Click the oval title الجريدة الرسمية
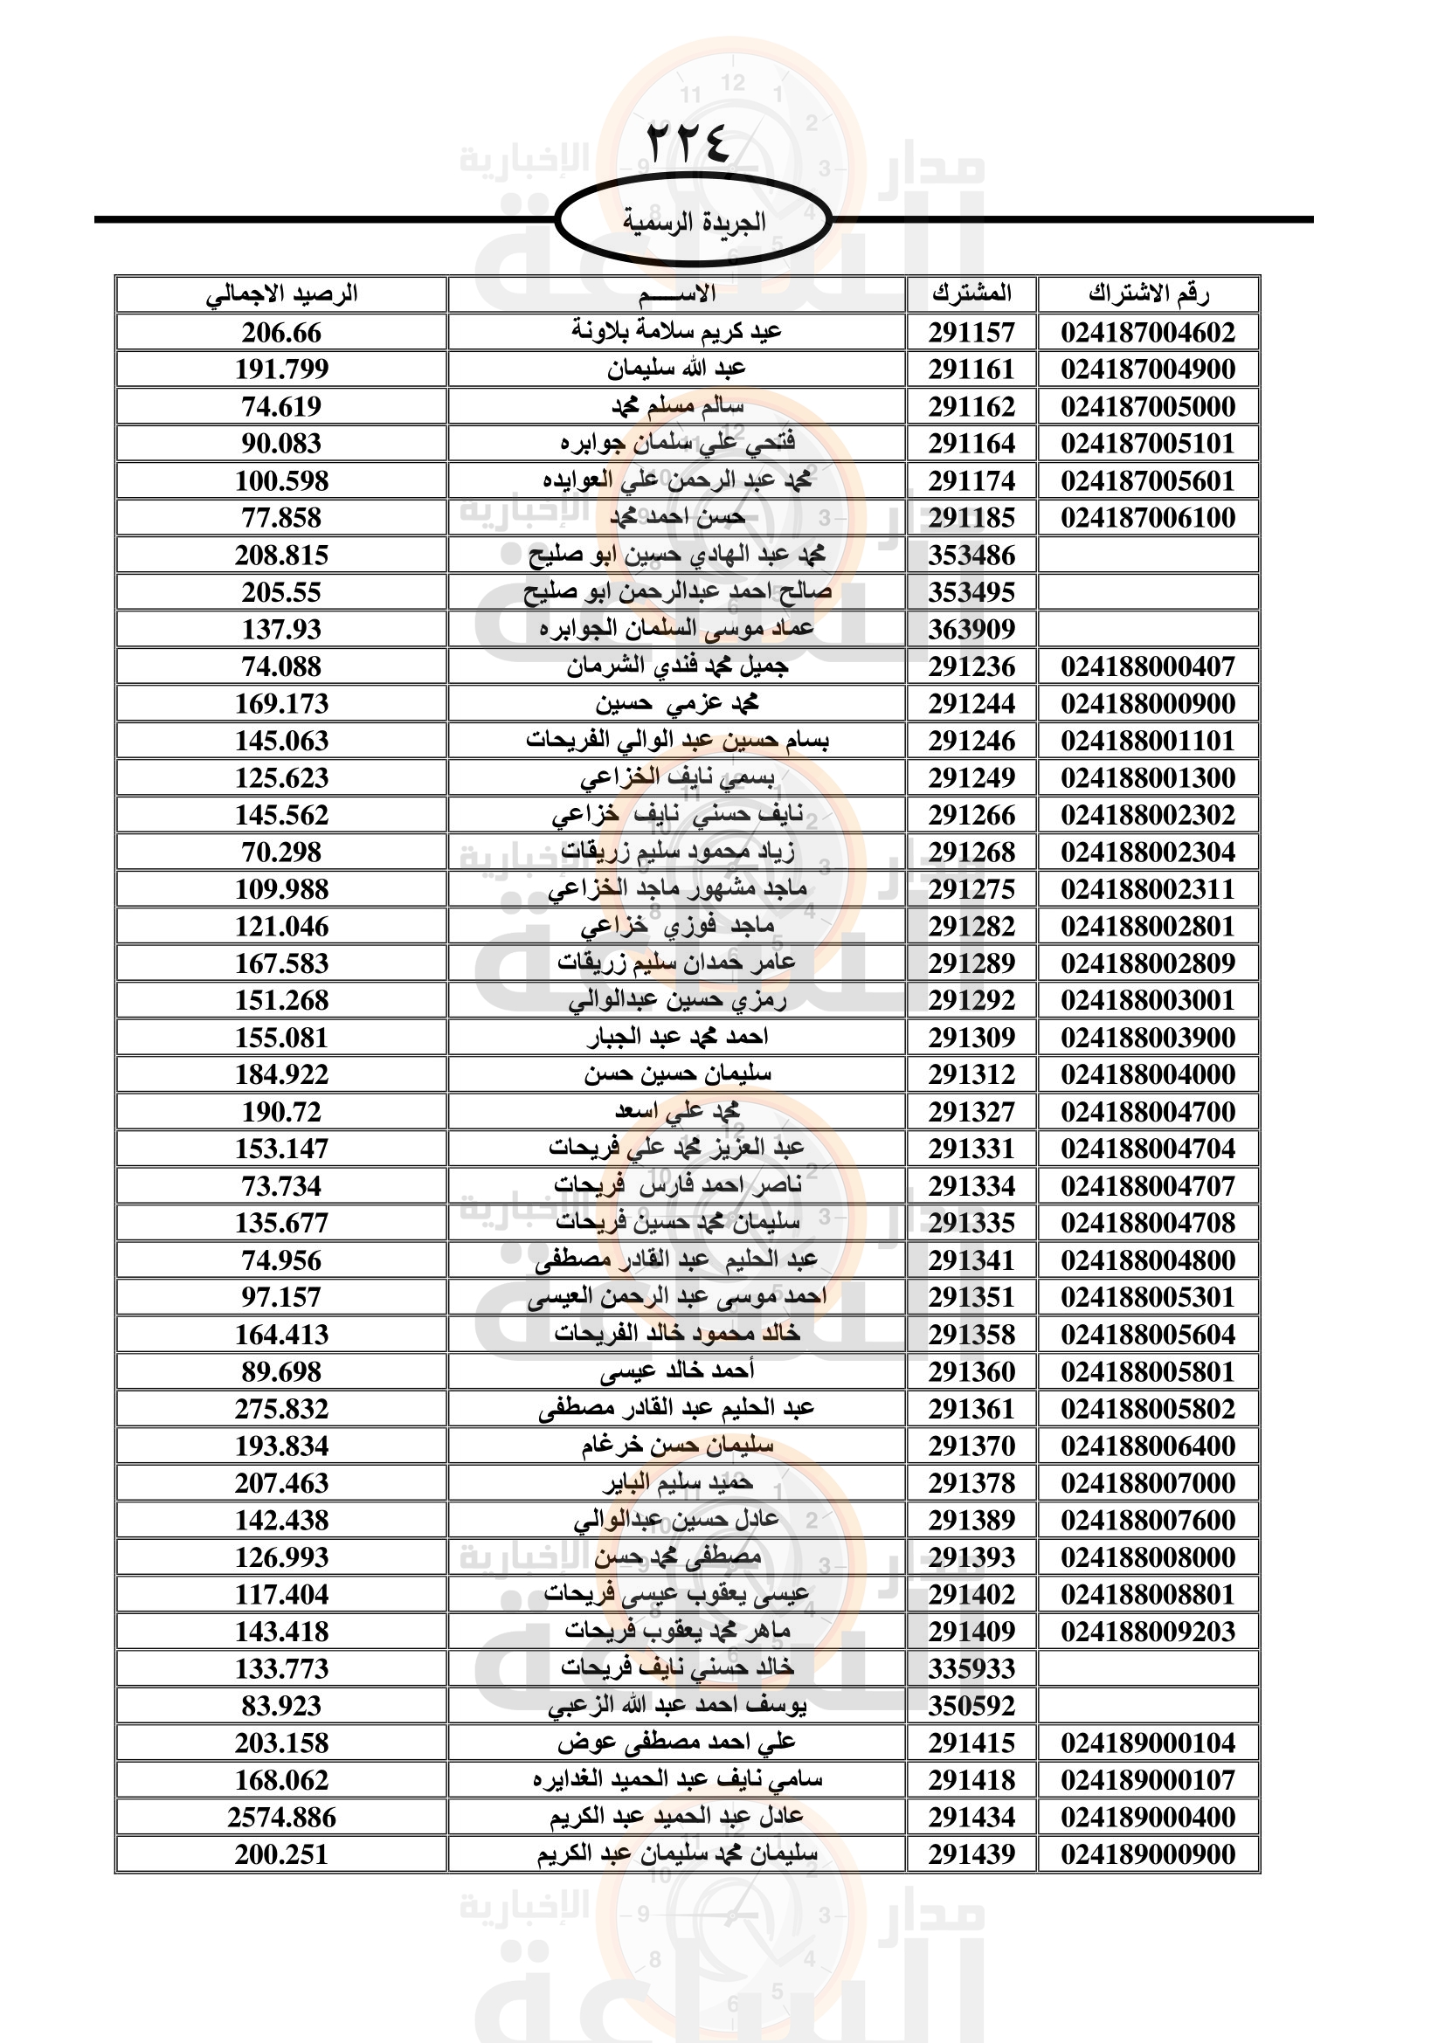pyautogui.click(x=693, y=222)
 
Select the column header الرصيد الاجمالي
pyautogui.click(x=281, y=293)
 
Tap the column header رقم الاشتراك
pyautogui.click(x=1148, y=293)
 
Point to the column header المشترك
pyautogui.click(x=971, y=293)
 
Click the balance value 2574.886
pyautogui.click(x=281, y=1817)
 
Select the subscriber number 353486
pyautogui.click(x=971, y=556)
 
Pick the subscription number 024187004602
pyautogui.click(x=1148, y=333)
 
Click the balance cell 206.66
pyautogui.click(x=281, y=333)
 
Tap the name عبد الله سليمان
pyautogui.click(x=676, y=369)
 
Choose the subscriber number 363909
pyautogui.click(x=971, y=629)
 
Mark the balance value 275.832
pyautogui.click(x=281, y=1409)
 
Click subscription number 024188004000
pyautogui.click(x=1148, y=1074)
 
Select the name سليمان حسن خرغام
pyautogui.click(x=676, y=1446)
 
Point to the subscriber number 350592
pyautogui.click(x=971, y=1706)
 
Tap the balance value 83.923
pyautogui.click(x=281, y=1706)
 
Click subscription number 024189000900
pyautogui.click(x=1148, y=1854)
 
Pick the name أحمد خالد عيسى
pyautogui.click(x=676, y=1371)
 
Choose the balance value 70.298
pyautogui.click(x=281, y=852)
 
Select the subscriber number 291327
pyautogui.click(x=971, y=1111)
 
